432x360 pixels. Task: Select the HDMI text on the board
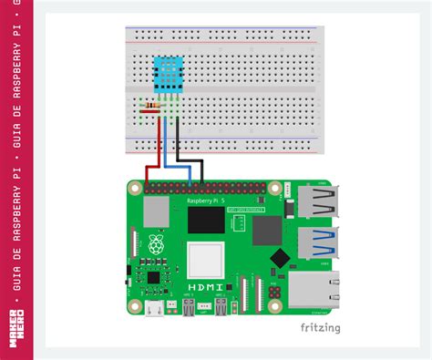[202, 288]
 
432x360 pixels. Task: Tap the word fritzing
[322, 327]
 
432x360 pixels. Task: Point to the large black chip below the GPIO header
[206, 221]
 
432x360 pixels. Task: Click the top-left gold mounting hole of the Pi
[135, 187]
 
